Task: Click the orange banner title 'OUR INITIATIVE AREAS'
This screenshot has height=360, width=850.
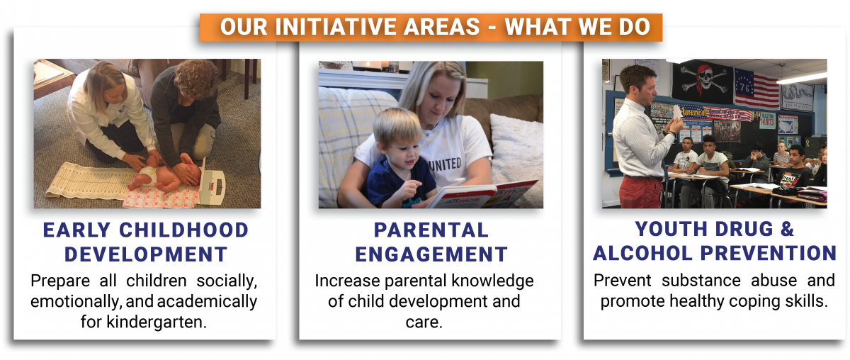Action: coord(350,27)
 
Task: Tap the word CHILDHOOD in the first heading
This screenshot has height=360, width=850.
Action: coord(184,230)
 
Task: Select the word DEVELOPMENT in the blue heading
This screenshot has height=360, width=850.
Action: coord(146,254)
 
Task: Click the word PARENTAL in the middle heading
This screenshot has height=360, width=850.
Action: coord(431,230)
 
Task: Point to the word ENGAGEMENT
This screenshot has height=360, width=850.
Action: coord(431,254)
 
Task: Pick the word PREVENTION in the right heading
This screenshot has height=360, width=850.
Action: coord(769,253)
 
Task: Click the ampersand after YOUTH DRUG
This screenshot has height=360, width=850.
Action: coord(788,229)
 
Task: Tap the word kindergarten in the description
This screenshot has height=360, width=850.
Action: coord(157,322)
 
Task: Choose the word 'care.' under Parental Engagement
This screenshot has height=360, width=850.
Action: coord(424,322)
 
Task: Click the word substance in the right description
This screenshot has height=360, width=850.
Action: coord(701,281)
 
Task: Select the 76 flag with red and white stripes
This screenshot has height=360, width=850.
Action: coord(756,89)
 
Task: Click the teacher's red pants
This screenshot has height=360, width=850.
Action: coord(640,192)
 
